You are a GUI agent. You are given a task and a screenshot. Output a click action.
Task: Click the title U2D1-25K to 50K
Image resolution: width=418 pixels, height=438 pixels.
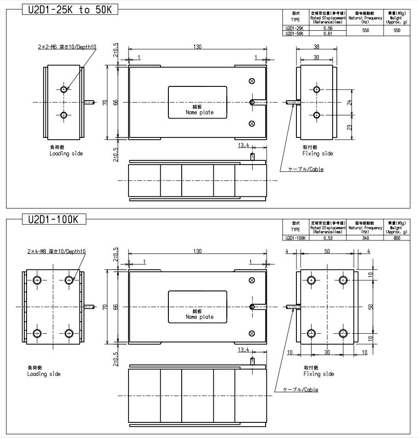pyautogui.click(x=70, y=10)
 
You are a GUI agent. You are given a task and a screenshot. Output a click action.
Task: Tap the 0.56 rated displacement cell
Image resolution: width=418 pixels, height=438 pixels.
pyautogui.click(x=328, y=28)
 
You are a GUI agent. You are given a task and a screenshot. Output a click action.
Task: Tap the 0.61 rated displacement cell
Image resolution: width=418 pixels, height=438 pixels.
pyautogui.click(x=328, y=33)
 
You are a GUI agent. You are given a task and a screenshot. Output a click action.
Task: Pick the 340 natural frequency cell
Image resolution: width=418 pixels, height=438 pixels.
pyautogui.click(x=366, y=238)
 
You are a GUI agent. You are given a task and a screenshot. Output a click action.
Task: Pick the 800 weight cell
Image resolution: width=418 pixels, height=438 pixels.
pyautogui.click(x=397, y=238)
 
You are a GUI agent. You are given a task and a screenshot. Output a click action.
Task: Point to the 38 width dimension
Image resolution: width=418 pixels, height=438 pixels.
pyautogui.click(x=316, y=46)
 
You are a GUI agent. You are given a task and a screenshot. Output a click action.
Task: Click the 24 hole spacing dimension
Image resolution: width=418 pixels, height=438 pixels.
pyautogui.click(x=350, y=102)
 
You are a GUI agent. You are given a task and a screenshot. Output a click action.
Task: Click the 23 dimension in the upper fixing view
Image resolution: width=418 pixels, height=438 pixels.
pyautogui.click(x=350, y=126)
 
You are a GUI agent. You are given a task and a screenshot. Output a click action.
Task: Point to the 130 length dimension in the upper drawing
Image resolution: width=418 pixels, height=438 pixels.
pyautogui.click(x=197, y=46)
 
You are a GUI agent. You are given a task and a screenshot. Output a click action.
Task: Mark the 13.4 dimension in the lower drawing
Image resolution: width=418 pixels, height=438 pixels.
pyautogui.click(x=244, y=350)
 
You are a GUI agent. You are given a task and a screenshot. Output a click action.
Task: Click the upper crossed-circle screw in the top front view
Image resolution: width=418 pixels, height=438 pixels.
pyautogui.click(x=251, y=81)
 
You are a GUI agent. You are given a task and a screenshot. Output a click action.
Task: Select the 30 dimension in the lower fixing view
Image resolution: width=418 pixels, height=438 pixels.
pyautogui.click(x=327, y=353)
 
